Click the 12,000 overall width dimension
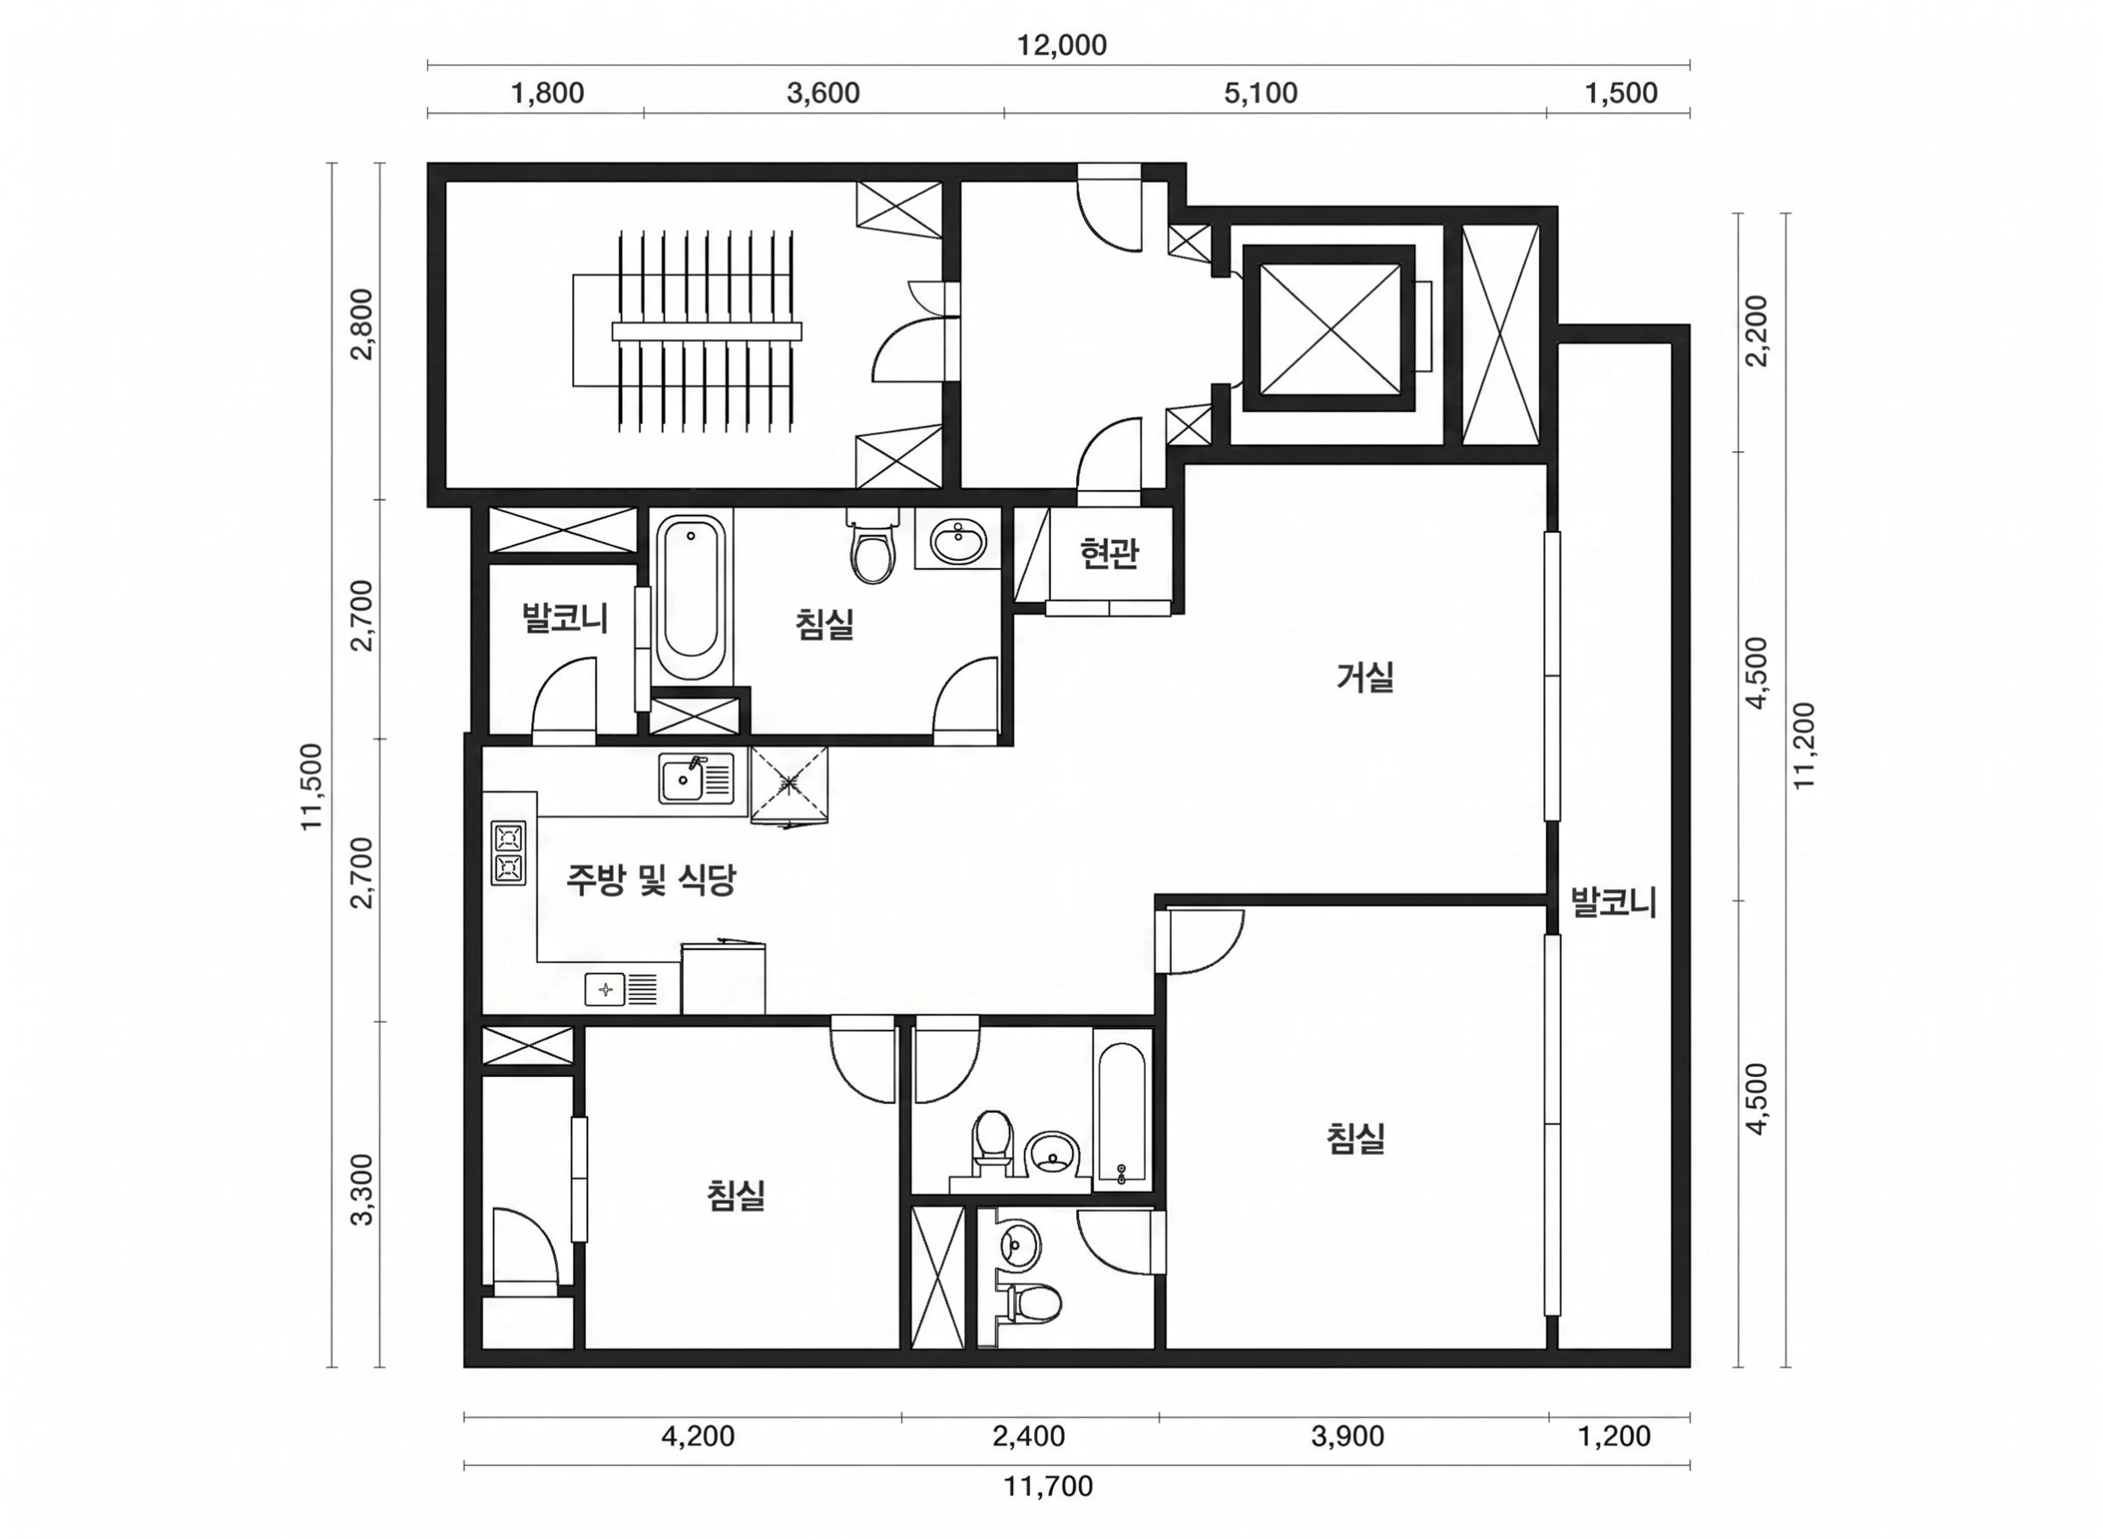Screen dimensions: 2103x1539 coord(1061,45)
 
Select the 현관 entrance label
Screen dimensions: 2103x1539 coord(1109,554)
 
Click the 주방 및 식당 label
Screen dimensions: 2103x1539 coord(651,879)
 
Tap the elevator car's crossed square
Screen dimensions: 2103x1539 coord(1329,328)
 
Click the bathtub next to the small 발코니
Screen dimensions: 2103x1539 coord(691,597)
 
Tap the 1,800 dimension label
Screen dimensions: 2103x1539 coord(548,93)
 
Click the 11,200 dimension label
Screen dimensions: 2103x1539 coord(1806,745)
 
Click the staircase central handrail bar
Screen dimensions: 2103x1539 coord(706,332)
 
